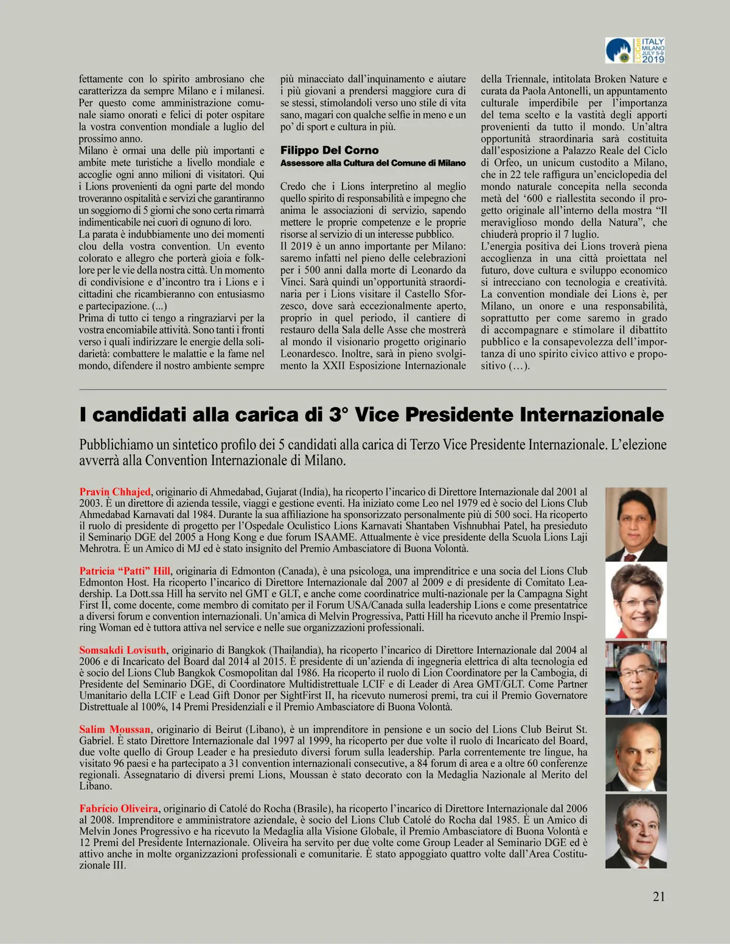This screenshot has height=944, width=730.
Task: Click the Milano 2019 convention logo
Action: pos(635,51)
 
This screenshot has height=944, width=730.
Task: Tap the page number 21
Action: pos(659,896)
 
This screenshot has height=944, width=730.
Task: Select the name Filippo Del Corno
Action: pos(329,150)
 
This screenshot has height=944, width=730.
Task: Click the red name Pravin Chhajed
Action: pos(115,492)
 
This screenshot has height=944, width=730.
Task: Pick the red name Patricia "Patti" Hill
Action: pos(125,571)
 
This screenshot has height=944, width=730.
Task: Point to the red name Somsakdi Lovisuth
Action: pos(122,650)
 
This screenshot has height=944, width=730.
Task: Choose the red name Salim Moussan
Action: pos(114,729)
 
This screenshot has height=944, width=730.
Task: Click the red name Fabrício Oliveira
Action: pos(119,808)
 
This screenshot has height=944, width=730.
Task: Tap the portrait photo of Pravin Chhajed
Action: pos(636,524)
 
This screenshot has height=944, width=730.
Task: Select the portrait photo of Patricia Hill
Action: pos(636,601)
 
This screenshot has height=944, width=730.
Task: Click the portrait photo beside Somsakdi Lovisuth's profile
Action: pos(636,678)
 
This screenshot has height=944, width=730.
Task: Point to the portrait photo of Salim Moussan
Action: pos(636,755)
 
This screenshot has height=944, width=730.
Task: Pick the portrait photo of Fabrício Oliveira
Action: pos(636,831)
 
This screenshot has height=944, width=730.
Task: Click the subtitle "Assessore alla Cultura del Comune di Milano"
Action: pos(373,163)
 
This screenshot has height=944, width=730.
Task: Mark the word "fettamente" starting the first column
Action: pos(101,79)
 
